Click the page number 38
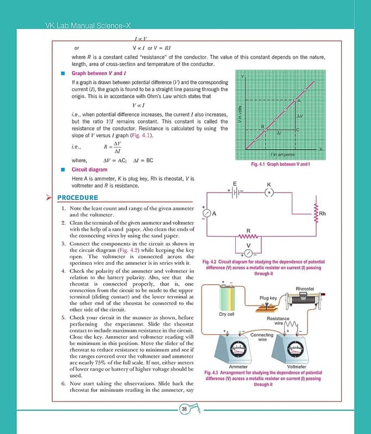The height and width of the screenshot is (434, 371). click(x=185, y=409)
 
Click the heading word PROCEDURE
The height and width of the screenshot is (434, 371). click(x=78, y=197)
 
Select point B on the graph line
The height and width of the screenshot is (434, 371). click(x=266, y=129)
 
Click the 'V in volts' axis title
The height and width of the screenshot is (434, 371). click(x=240, y=114)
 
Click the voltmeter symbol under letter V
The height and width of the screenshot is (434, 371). click(x=248, y=252)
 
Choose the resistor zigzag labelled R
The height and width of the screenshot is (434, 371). click(x=248, y=237)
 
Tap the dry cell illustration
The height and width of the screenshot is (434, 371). click(x=226, y=297)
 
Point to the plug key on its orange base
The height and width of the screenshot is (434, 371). click(x=268, y=306)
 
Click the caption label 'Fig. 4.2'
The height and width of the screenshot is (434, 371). click(x=210, y=263)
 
